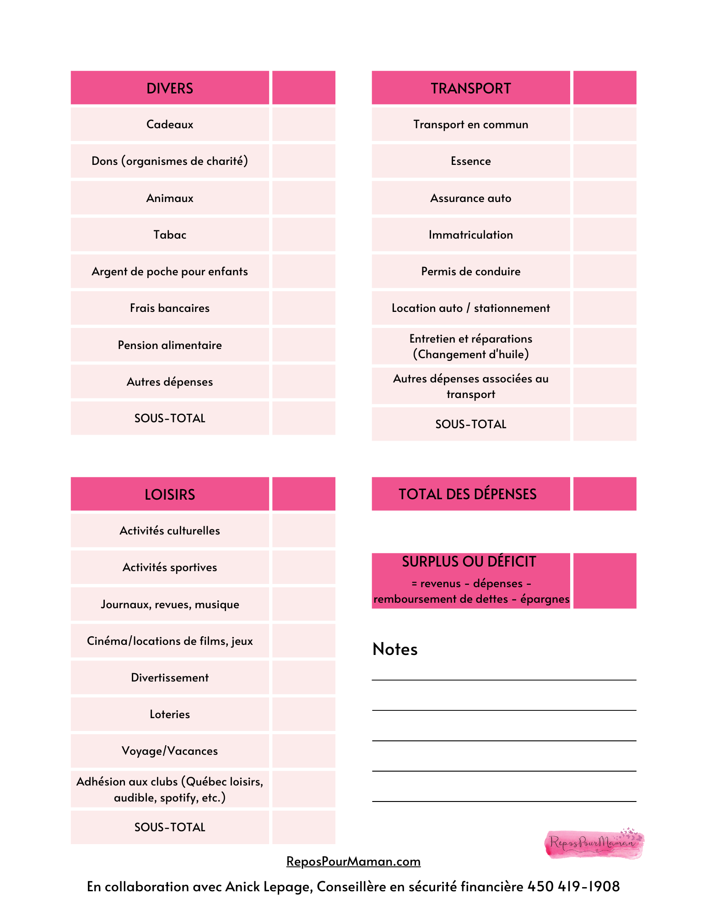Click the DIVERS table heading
(x=169, y=88)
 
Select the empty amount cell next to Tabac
(x=303, y=234)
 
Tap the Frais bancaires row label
(x=169, y=308)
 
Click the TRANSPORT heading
(x=470, y=88)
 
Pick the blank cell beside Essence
(x=604, y=161)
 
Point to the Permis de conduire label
(x=470, y=271)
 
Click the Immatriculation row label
(x=470, y=234)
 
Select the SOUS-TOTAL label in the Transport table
(x=470, y=424)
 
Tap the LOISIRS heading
(x=169, y=494)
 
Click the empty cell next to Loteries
(x=303, y=714)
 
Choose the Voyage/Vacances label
(x=169, y=751)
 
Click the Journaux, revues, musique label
(x=169, y=604)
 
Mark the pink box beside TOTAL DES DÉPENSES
(x=604, y=494)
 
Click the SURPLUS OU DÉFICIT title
(x=469, y=562)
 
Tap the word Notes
(x=395, y=649)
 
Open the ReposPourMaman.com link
(x=353, y=861)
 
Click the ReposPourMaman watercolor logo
(x=594, y=843)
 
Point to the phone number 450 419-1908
(x=573, y=886)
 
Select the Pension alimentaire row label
(x=169, y=345)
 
